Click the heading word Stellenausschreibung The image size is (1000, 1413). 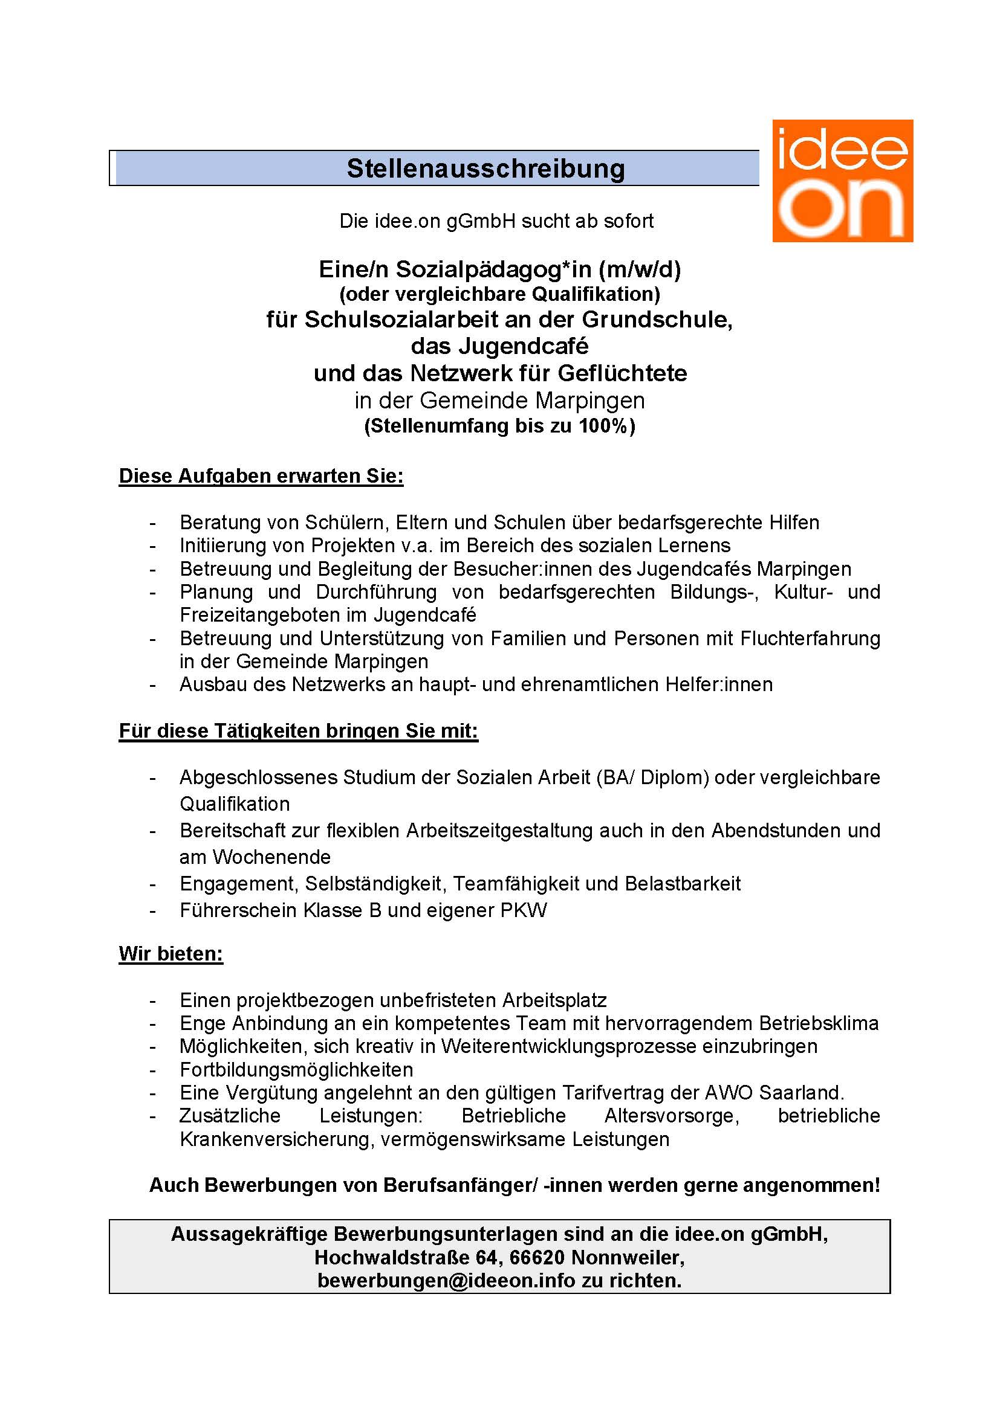click(485, 169)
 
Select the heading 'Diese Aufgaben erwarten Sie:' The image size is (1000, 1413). click(261, 476)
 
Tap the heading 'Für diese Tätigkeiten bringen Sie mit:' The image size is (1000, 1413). click(298, 731)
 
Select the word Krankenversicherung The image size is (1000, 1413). click(276, 1139)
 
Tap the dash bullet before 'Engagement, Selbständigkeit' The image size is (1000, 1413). click(152, 884)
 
